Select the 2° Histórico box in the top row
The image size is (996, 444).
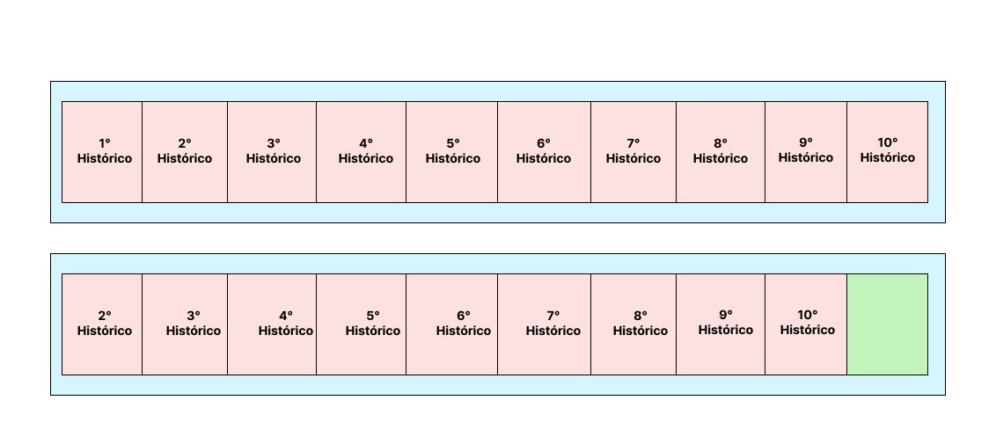(185, 152)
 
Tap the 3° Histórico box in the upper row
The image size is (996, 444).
(272, 152)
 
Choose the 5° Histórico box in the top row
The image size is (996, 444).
(452, 152)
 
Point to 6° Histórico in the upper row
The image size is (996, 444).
(544, 152)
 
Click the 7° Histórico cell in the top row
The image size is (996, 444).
(633, 152)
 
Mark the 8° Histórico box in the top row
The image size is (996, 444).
(721, 152)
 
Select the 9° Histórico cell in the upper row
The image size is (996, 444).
(806, 152)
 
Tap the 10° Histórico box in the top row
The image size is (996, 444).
(887, 152)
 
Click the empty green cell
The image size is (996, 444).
(887, 324)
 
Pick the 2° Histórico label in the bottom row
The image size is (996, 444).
(105, 324)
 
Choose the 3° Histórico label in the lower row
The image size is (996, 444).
(194, 324)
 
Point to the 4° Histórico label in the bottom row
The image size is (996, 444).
(286, 324)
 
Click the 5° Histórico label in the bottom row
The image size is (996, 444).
(373, 324)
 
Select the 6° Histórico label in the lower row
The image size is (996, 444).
(464, 324)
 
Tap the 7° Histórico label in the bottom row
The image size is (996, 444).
(553, 324)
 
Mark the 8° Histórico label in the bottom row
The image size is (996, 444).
(641, 324)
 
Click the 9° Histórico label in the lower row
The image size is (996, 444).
(726, 323)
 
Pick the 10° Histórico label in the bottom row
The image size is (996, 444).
(808, 323)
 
